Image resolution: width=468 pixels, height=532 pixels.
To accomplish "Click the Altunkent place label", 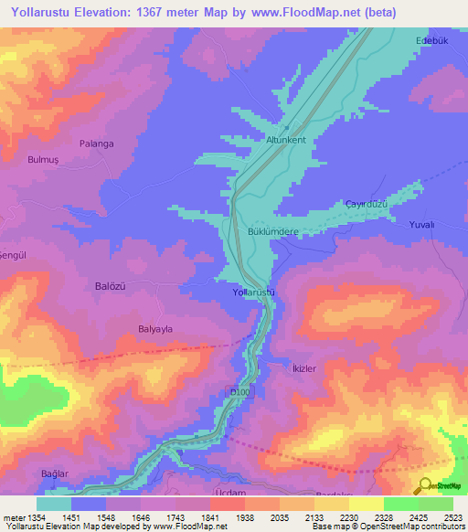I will pyautogui.click(x=286, y=140).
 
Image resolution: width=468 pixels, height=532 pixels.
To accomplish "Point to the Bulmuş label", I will pyautogui.click(x=44, y=159).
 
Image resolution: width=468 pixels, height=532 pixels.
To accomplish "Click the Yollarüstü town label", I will pyautogui.click(x=253, y=293).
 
